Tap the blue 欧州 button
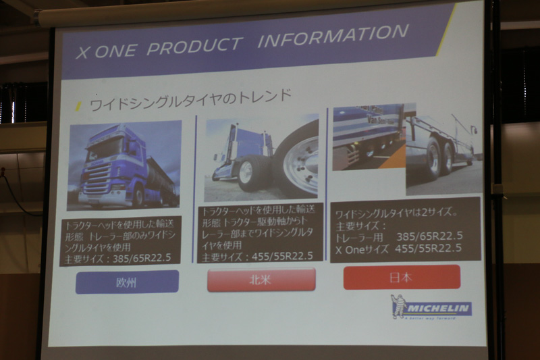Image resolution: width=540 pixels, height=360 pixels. point(127,282)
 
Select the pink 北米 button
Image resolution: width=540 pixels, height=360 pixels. point(261,279)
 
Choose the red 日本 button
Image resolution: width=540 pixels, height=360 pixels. point(402,277)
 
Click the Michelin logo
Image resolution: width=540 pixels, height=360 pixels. point(432,308)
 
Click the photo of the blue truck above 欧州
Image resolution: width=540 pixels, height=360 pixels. point(124,165)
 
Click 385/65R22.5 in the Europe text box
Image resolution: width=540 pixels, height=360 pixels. point(144,257)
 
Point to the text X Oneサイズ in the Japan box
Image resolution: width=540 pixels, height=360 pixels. point(362,249)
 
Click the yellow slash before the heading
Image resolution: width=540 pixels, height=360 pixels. point(78,106)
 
